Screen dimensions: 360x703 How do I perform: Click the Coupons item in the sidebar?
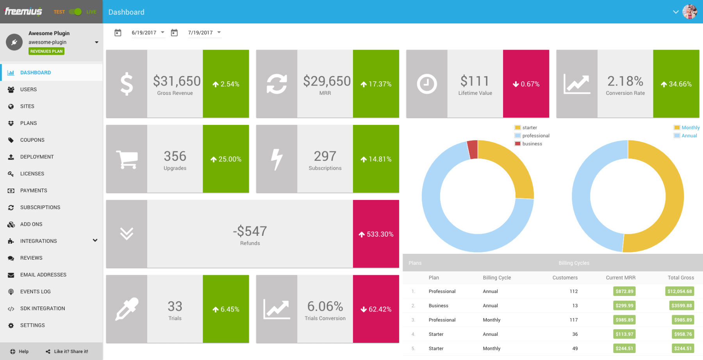[x=32, y=140]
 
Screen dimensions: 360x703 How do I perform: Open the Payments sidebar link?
[x=34, y=191]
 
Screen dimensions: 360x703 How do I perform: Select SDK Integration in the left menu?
[x=43, y=308]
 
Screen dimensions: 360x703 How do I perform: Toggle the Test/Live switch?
[x=75, y=12]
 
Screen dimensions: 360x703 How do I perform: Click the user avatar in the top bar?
[x=689, y=12]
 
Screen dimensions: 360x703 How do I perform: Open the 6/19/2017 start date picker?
[x=148, y=33]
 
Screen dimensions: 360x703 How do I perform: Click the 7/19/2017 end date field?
[x=204, y=33]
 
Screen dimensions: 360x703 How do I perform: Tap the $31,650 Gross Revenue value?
[x=177, y=81]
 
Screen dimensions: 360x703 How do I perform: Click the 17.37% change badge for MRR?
[x=376, y=84]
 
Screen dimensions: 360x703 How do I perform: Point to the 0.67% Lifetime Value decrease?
[x=526, y=84]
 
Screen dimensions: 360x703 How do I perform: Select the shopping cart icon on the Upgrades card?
[x=127, y=159]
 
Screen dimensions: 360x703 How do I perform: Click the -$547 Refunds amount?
[x=250, y=231]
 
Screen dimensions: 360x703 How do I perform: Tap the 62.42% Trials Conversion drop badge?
[x=376, y=309]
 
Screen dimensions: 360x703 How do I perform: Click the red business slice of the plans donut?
[x=473, y=150]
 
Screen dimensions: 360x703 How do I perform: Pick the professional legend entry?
[x=535, y=136]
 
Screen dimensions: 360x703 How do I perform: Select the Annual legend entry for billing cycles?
[x=689, y=136]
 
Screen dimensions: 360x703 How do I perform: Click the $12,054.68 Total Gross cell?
[x=680, y=291]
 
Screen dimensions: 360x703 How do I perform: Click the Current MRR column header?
[x=620, y=278]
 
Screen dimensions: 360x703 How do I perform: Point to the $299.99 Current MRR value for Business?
[x=624, y=306]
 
